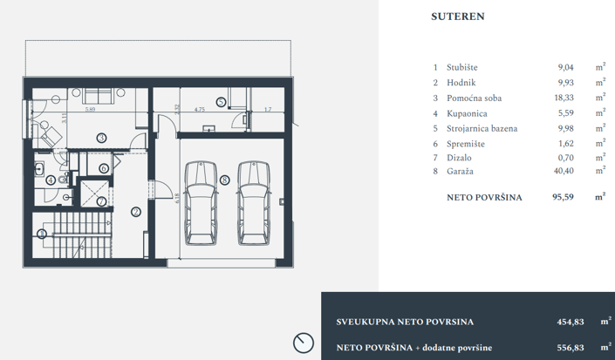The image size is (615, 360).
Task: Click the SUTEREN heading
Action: coord(458,16)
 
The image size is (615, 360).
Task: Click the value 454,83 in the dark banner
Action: coord(571,322)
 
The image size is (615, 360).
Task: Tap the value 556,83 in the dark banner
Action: coord(571,347)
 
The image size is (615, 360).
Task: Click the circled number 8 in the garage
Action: coord(225,180)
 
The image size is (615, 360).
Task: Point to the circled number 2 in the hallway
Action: coord(135,210)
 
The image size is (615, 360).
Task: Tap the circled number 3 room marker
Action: coord(101,138)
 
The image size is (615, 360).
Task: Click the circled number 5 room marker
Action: coord(220,102)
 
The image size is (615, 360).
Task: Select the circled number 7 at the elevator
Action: coord(101,201)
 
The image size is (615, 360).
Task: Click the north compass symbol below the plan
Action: coord(304,341)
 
